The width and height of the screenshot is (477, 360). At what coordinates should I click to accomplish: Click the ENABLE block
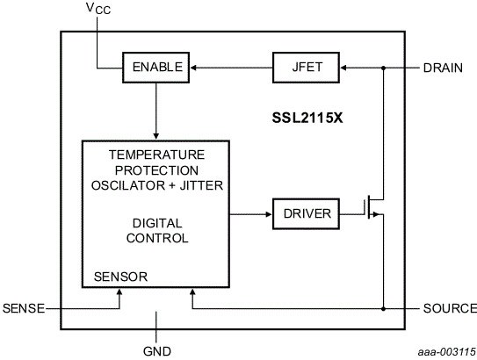pos(156,68)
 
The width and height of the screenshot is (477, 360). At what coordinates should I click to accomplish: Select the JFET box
pos(306,68)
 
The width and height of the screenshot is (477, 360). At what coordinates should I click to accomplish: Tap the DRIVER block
pos(306,213)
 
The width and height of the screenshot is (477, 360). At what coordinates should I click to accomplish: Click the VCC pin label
pos(98,8)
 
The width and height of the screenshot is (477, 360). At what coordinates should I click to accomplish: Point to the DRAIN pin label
pos(443,68)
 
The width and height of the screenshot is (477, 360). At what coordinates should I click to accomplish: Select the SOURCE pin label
pos(450,308)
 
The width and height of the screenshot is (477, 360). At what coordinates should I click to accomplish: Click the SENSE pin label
pos(24,308)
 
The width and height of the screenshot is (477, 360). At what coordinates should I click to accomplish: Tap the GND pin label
pos(157,351)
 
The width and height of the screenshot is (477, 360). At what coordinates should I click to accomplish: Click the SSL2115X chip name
pos(307,118)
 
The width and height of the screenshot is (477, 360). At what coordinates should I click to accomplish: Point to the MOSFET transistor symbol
pos(373,207)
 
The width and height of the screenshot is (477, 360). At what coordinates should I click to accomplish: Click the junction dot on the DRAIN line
pos(383,68)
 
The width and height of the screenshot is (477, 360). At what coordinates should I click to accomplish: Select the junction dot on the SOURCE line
pos(383,309)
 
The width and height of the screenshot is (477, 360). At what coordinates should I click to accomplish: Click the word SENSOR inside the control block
pos(120,277)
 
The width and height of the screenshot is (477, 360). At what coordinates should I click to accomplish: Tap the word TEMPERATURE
pos(157,155)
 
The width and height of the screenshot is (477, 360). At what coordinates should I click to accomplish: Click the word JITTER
pos(201,185)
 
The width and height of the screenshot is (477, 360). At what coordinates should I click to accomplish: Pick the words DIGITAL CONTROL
pos(157,231)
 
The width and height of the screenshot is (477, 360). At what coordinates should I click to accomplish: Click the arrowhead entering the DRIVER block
pos(269,214)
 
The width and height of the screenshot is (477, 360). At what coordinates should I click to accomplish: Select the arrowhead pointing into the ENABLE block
pos(193,68)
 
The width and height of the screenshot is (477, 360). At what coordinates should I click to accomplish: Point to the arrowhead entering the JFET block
pos(343,68)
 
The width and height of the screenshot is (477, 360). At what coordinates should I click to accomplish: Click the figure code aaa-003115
pos(446,352)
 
